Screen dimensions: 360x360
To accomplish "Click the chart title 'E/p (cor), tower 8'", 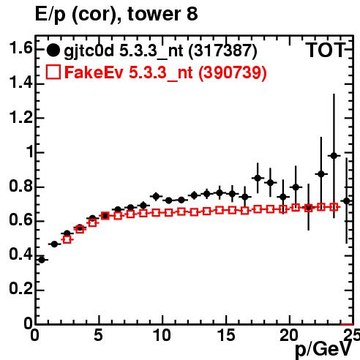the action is [x=116, y=14].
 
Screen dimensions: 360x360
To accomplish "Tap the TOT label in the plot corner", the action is [x=326, y=50].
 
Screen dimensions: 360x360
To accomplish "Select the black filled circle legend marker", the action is [x=53, y=50].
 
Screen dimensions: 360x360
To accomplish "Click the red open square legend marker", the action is [x=53, y=72].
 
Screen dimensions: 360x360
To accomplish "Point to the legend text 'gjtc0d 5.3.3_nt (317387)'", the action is [x=160, y=51].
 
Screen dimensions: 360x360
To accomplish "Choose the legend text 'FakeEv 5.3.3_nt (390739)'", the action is [x=165, y=73].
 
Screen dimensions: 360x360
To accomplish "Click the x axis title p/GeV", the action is [x=323, y=350].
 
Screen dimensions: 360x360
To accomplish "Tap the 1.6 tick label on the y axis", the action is [x=20, y=48].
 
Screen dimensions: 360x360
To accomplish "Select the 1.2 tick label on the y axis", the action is [x=20, y=118].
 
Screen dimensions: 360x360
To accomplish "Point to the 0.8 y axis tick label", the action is [x=20, y=187].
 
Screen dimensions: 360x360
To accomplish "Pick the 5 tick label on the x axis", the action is [x=98, y=335].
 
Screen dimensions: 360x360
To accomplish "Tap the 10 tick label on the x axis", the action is [x=162, y=335].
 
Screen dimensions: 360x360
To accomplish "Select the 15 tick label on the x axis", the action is [x=226, y=335].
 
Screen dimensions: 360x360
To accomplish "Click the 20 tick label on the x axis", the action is [x=289, y=335].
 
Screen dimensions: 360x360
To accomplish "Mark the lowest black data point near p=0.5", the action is [x=42, y=260].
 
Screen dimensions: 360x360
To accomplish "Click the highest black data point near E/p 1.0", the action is [x=334, y=156].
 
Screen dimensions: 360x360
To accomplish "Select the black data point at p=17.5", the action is [x=258, y=179].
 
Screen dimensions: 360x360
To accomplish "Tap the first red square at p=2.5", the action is [x=67, y=239].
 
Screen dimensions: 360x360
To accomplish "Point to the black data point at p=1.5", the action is [x=54, y=244].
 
